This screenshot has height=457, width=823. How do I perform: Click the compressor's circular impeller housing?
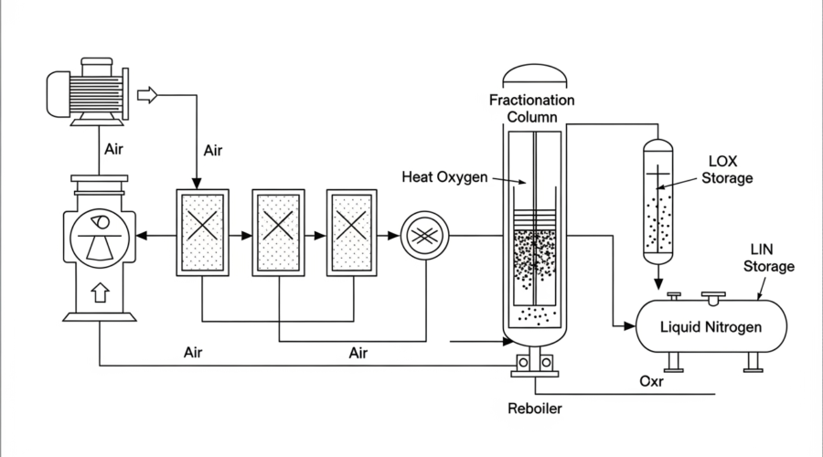(x=100, y=236)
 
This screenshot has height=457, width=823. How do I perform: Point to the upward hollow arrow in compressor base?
(x=100, y=292)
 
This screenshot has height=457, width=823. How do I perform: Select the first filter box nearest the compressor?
(x=201, y=233)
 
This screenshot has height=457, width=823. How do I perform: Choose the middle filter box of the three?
(x=277, y=233)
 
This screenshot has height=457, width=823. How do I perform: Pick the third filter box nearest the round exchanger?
(x=351, y=233)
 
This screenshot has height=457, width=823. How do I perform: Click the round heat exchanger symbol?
(x=424, y=236)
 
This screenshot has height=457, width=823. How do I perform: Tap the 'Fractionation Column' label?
(x=531, y=108)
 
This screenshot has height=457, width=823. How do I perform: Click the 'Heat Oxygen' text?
(x=444, y=176)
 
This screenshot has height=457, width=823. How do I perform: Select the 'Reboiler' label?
(x=535, y=409)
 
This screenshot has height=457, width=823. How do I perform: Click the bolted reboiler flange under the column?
(x=534, y=363)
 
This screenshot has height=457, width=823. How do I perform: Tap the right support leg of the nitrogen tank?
(x=754, y=363)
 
